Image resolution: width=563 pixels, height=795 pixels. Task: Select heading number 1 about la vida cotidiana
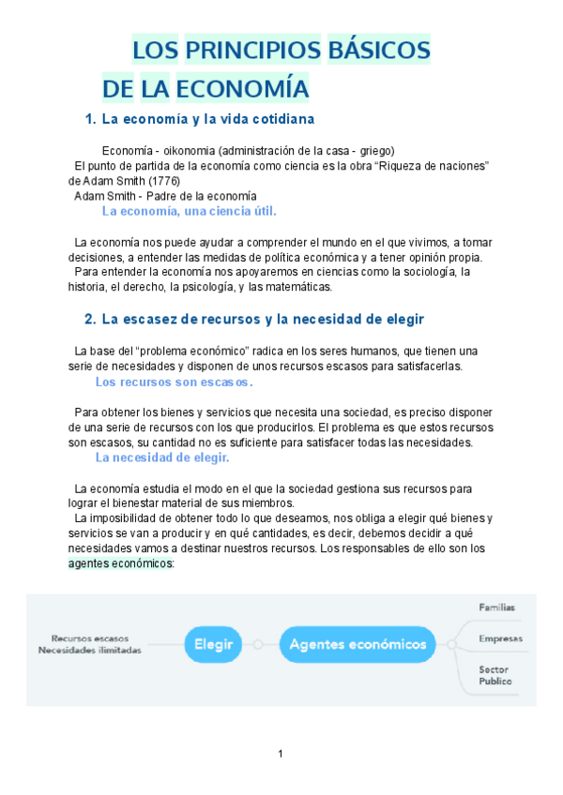tap(199, 120)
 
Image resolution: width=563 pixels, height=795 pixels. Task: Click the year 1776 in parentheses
tap(164, 181)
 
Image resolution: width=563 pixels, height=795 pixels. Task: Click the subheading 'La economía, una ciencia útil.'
tap(189, 211)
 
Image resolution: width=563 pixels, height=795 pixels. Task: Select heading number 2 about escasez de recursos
tap(254, 320)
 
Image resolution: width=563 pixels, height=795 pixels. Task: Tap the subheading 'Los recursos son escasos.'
tap(175, 382)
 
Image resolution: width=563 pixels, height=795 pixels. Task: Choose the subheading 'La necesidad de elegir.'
tap(162, 457)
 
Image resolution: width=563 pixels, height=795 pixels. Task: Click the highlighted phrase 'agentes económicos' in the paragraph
tap(119, 564)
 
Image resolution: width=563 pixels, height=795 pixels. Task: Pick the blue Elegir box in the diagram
tap(214, 644)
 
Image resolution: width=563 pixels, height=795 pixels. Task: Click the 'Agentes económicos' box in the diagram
tap(358, 644)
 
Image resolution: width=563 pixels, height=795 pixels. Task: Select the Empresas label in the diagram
tap(500, 638)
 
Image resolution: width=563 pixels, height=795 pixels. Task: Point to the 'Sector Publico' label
tap(495, 675)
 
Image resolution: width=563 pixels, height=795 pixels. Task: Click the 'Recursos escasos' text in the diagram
tap(90, 637)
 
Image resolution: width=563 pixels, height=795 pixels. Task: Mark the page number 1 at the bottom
tap(281, 754)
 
